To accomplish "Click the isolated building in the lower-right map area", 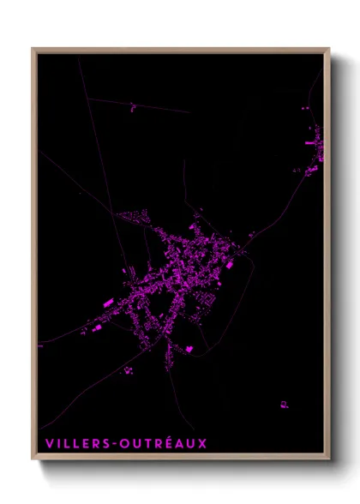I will pyautogui.click(x=283, y=403).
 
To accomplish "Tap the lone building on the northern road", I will pyautogui.click(x=133, y=107).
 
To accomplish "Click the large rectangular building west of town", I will pyautogui.click(x=107, y=303).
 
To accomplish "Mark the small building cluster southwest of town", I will pyautogui.click(x=128, y=369).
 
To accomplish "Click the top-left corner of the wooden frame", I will pyautogui.click(x=33, y=49).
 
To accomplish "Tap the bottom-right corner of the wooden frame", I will pyautogui.click(x=329, y=460).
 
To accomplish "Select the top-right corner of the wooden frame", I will pyautogui.click(x=329, y=49).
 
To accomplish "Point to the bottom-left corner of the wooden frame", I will pyautogui.click(x=33, y=460).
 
